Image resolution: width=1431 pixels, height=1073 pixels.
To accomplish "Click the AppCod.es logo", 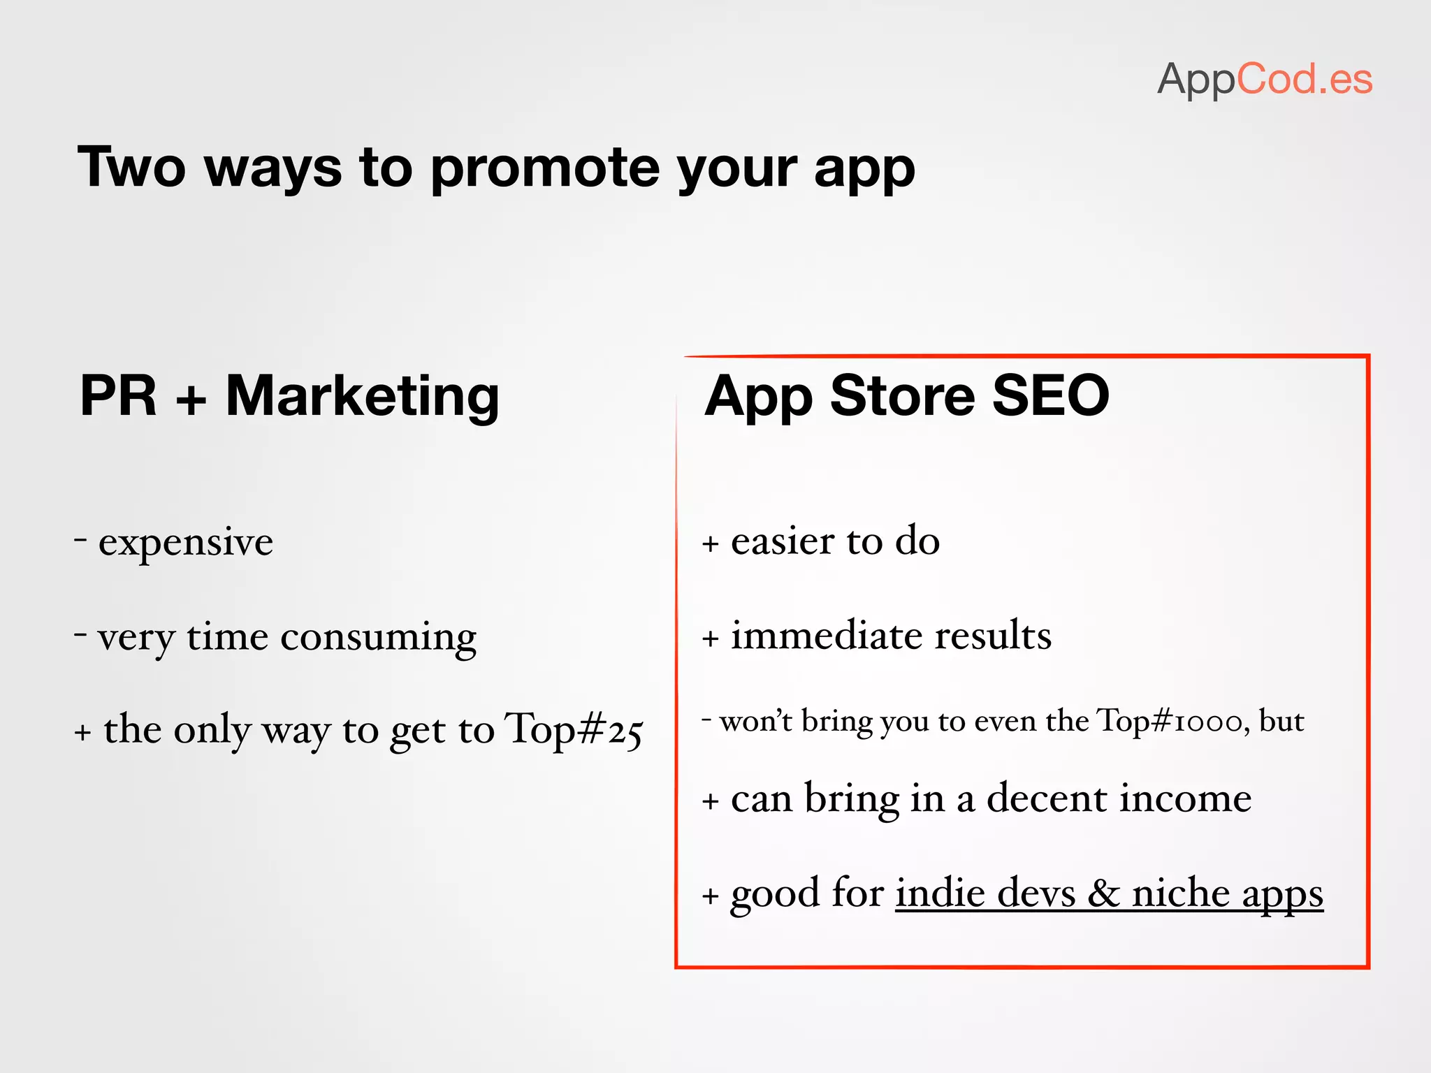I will pos(1265,79).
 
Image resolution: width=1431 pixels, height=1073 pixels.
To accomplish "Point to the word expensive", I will pos(185,543).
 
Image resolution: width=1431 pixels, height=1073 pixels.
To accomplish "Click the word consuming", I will pos(378,637).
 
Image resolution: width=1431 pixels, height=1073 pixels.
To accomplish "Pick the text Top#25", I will pos(573,730).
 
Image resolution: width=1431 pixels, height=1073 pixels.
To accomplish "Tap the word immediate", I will pos(822,636).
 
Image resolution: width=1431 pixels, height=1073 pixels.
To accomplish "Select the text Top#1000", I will pos(1170,721).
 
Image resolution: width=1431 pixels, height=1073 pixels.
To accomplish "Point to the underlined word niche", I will pos(1180,893).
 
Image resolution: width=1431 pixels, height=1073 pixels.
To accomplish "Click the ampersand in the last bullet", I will pos(1104,893).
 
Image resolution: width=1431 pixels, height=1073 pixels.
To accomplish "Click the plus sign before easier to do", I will pos(711,544).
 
